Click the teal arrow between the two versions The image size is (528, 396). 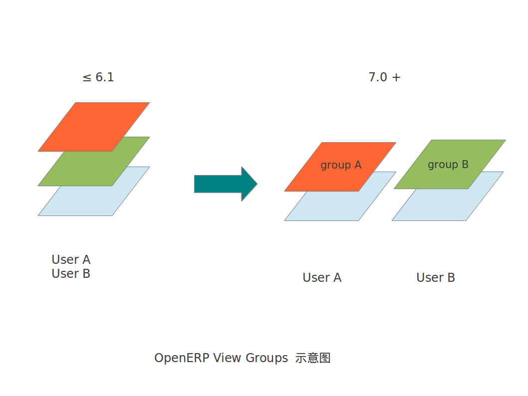tap(225, 184)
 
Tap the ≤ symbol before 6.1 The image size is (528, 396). tap(87, 78)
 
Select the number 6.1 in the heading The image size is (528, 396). tap(105, 77)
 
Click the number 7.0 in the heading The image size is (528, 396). tap(378, 77)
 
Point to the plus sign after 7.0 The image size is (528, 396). tap(396, 78)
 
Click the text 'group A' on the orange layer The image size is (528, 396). tap(341, 165)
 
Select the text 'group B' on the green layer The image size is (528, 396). tap(448, 165)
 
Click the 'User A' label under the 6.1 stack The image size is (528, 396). tap(71, 260)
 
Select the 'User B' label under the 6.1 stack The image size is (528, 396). tap(71, 274)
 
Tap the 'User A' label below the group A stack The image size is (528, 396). tap(322, 278)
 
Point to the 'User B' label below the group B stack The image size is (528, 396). tap(436, 278)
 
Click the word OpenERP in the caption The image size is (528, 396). tap(182, 358)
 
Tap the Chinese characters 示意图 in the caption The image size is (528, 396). tap(313, 358)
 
